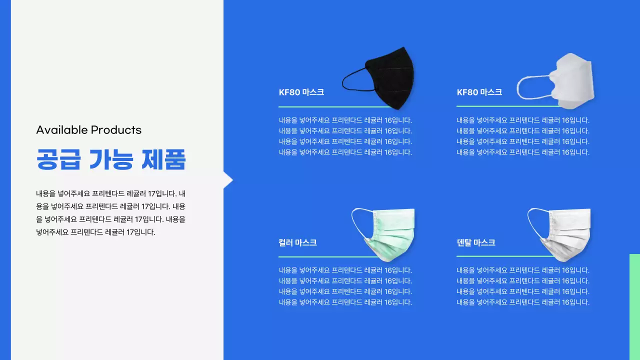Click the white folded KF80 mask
coord(572,80)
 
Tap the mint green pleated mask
coord(392,232)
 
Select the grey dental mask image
coord(567,232)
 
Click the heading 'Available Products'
coord(88,130)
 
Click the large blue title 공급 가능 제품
coord(110,159)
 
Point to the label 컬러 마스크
coord(297,242)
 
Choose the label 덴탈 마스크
coord(475,242)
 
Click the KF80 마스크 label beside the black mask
coord(301,92)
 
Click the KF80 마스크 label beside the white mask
coord(479,92)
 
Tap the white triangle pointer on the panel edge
coord(227,179)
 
